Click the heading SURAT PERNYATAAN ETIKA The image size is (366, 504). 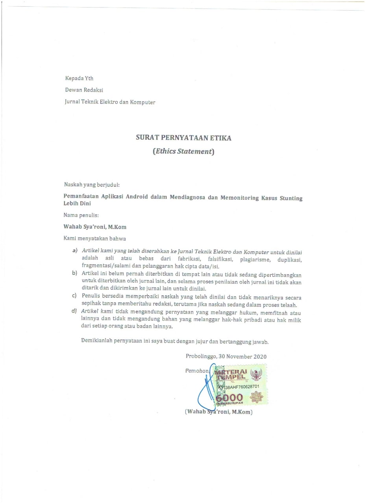tap(183, 138)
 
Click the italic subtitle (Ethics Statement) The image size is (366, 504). tap(183, 151)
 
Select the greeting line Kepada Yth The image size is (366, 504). tap(79, 78)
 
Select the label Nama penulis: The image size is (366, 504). tap(81, 215)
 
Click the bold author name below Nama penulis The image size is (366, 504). tap(95, 227)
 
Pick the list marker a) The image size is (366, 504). tap(74, 251)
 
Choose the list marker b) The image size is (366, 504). tap(74, 274)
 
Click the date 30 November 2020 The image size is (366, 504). tap(243, 356)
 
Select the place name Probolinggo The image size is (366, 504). tap(201, 356)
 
